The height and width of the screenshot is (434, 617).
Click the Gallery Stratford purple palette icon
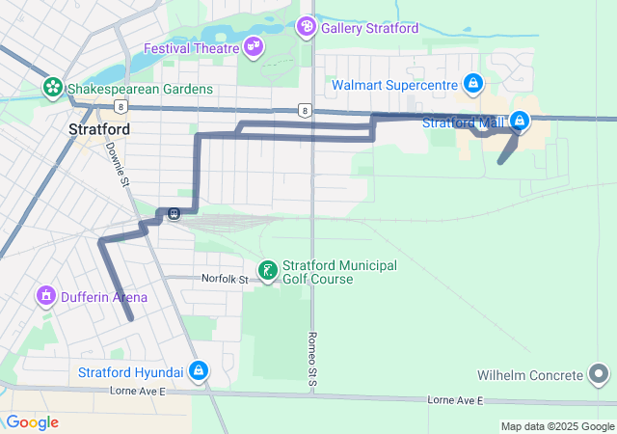[307, 27]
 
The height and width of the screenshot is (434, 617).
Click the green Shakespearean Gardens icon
[52, 89]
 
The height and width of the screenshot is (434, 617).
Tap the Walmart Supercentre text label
[394, 85]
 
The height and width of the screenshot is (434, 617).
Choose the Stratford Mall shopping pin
[520, 122]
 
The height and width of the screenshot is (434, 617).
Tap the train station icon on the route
[174, 214]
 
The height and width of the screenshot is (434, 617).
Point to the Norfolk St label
[225, 279]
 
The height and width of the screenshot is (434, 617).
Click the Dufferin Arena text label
[104, 297]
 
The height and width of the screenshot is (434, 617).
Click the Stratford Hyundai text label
[131, 372]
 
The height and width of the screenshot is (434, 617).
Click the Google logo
[32, 422]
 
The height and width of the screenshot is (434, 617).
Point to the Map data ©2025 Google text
[556, 426]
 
